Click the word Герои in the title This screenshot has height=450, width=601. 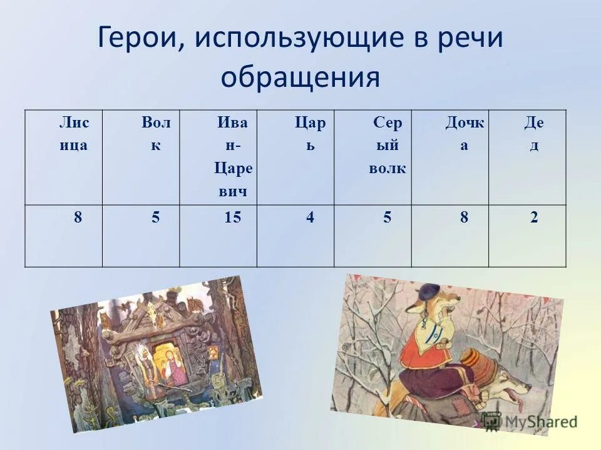(136, 39)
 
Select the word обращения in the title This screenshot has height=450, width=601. (300, 78)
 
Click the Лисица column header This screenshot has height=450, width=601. (74, 134)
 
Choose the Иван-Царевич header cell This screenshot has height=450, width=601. (232, 157)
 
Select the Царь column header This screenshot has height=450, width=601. (311, 134)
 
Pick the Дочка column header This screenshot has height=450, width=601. (465, 134)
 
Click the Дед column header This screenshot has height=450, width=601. (534, 134)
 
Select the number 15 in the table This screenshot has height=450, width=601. (232, 217)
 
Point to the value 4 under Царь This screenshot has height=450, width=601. (311, 217)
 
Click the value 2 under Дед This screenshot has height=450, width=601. (534, 217)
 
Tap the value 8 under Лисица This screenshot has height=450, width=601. (78, 217)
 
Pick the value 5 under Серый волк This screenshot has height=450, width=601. (388, 217)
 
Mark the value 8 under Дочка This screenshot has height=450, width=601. (465, 217)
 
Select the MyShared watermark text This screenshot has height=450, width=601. (538, 422)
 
